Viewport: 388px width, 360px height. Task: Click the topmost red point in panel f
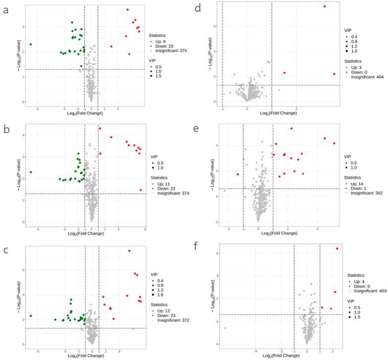[337, 248]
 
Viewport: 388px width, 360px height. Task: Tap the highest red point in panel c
[129, 251]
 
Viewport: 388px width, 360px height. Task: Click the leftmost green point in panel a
[31, 44]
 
